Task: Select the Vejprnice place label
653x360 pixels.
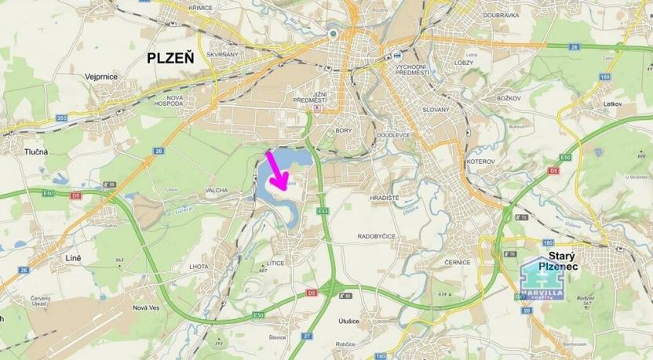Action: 100,77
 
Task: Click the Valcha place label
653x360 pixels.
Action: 194,190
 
